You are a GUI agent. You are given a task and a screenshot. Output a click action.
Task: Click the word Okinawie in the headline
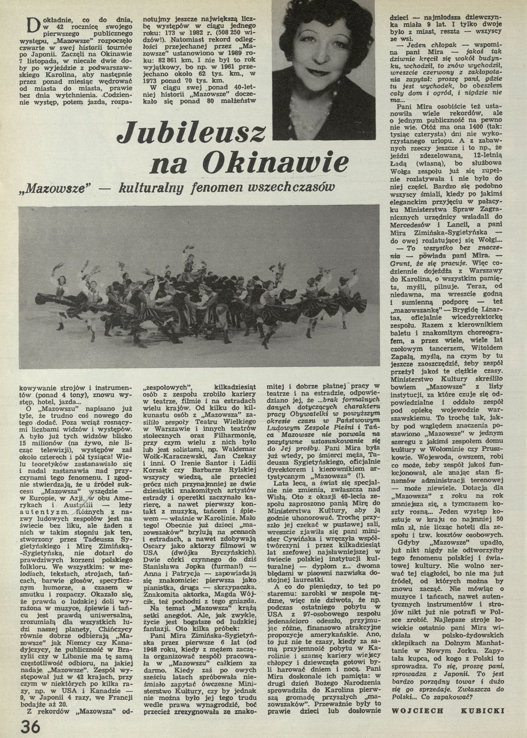click(x=272, y=164)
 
